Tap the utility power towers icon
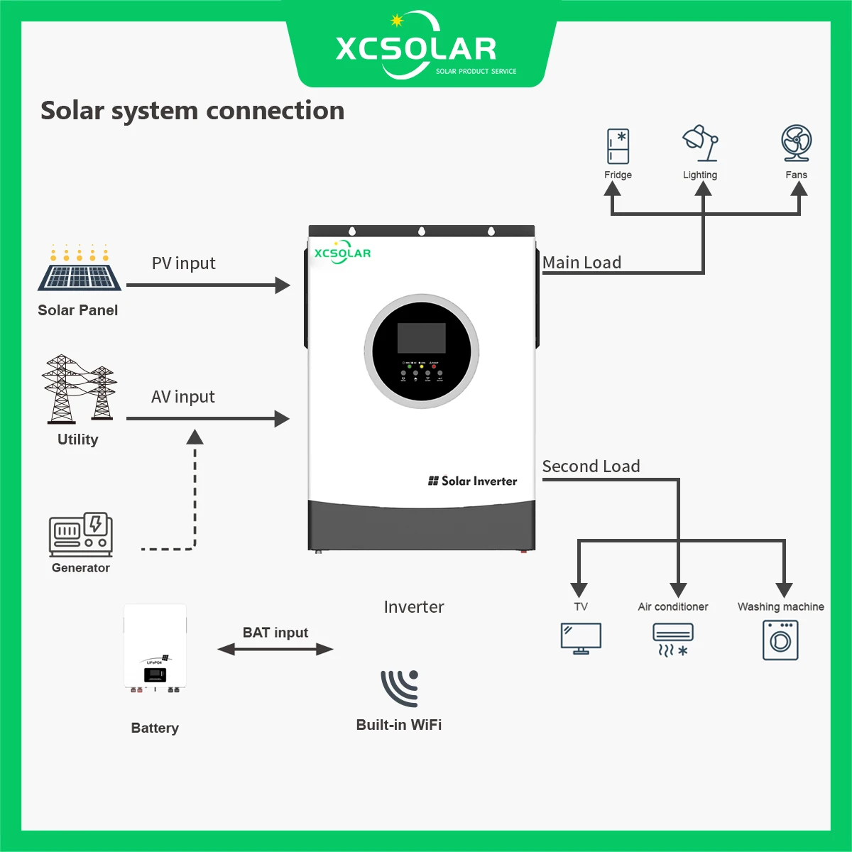79,388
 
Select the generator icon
81,534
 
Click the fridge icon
618,146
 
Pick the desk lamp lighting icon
700,144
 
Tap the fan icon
796,144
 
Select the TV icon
581,638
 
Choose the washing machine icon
780,640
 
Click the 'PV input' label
183,263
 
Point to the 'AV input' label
182,397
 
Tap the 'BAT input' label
275,632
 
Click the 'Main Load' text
581,263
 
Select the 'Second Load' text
591,466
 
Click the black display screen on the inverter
422,338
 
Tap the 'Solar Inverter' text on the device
473,481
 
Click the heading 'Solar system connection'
192,111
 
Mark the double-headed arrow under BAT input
275,649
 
